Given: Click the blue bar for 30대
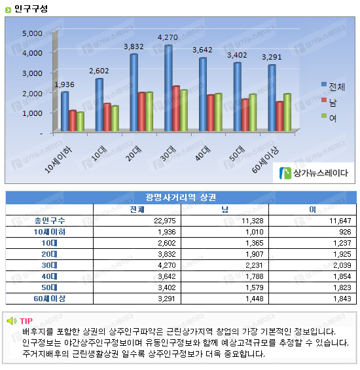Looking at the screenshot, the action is (168, 88).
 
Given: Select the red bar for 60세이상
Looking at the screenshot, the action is (279, 117).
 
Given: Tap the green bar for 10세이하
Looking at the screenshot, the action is (81, 122).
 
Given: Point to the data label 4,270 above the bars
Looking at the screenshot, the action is (168, 37).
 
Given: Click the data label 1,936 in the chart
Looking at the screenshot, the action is (64, 84).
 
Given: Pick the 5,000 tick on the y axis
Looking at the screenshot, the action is (32, 33).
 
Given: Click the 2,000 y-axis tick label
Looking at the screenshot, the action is (32, 94).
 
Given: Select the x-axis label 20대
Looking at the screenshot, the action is (134, 154).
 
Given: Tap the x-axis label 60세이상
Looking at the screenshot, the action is (265, 160).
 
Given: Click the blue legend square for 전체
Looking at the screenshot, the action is (324, 84).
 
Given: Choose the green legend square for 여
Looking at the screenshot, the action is (324, 115).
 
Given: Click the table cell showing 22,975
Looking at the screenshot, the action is (165, 221).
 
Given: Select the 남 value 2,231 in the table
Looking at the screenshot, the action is (255, 265).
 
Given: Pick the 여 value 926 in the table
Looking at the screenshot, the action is (345, 232).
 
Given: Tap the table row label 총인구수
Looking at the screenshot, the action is (50, 221).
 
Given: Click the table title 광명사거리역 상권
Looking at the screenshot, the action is (181, 197).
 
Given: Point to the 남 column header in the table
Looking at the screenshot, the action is (225, 210).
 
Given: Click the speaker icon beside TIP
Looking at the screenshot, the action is (12, 321).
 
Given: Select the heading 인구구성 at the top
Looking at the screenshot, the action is (31, 9).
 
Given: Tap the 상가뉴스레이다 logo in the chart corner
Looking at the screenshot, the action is (314, 173).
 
